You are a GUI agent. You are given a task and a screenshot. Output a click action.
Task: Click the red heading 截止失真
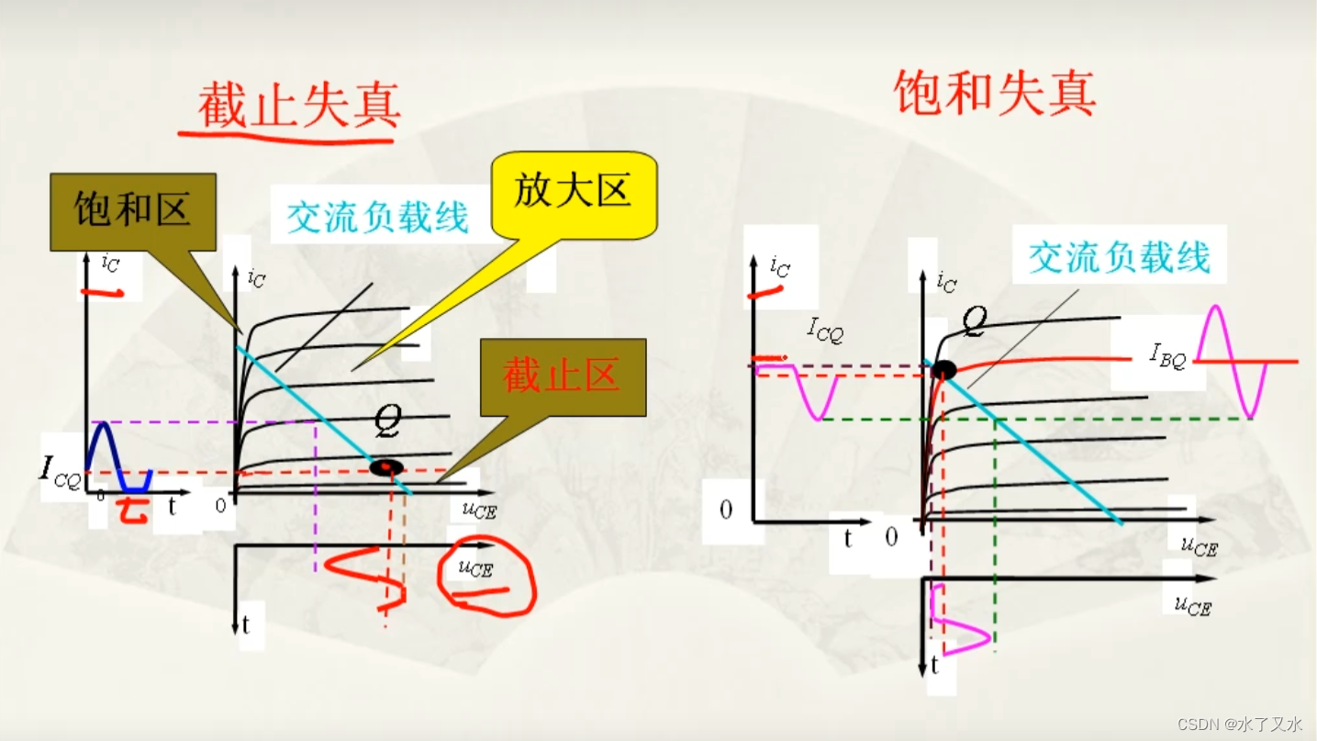[299, 106]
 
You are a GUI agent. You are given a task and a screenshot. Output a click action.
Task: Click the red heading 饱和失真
[995, 93]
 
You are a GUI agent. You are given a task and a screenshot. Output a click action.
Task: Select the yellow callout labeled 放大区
[574, 193]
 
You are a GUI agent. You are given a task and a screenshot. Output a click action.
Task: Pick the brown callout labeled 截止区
[563, 376]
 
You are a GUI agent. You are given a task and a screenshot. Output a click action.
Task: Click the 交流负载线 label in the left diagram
[378, 218]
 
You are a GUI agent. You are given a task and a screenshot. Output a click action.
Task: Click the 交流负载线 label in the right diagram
[1120, 257]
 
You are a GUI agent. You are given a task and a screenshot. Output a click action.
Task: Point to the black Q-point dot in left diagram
[386, 467]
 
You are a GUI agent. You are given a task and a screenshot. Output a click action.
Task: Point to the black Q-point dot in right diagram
[943, 370]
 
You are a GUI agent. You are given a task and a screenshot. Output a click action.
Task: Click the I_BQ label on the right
[1168, 355]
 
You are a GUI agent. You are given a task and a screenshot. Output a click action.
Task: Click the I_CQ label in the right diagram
[825, 329]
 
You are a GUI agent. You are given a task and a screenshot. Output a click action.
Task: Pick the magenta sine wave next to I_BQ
[1230, 360]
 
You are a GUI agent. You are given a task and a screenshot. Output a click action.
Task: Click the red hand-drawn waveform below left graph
[367, 575]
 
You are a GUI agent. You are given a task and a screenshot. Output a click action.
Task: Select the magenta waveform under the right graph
[959, 624]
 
